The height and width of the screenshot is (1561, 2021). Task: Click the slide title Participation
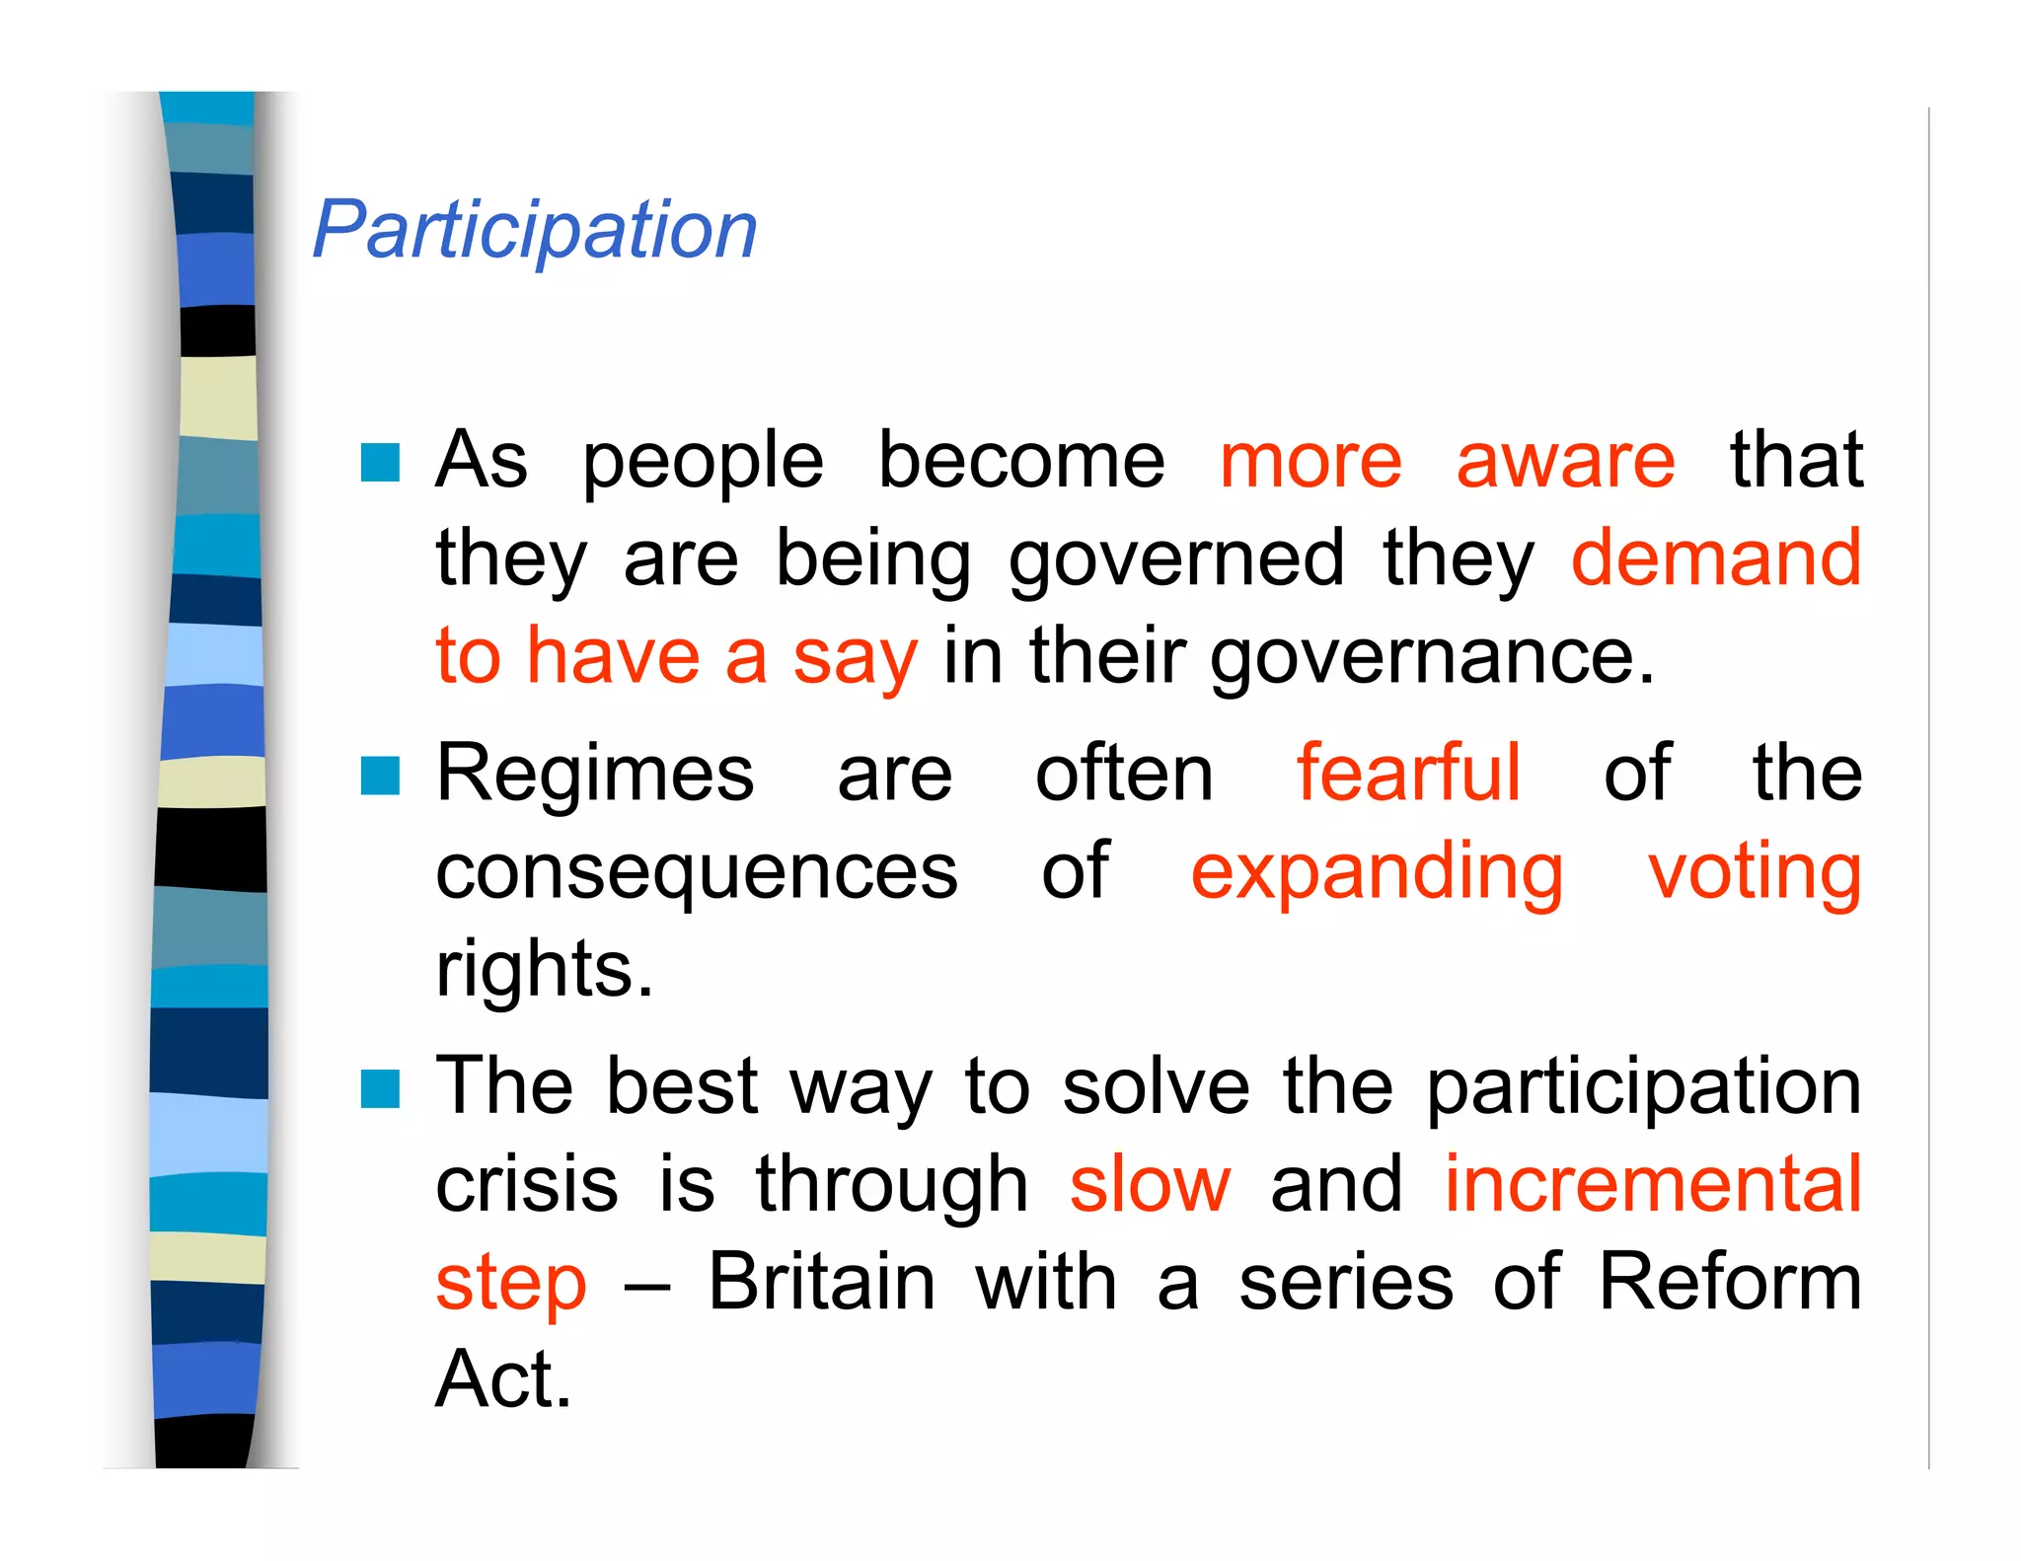[535, 230]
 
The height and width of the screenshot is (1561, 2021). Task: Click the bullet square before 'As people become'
[380, 462]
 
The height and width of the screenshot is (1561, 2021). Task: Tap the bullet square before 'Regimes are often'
[380, 776]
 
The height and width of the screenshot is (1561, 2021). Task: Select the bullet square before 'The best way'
[380, 1089]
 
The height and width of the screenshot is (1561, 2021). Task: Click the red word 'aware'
[1565, 461]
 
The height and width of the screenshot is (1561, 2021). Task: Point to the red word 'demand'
[1715, 558]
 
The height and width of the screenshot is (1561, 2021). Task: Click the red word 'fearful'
[1408, 774]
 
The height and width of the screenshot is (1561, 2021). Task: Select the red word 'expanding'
[1377, 873]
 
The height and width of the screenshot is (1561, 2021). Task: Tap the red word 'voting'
[1755, 873]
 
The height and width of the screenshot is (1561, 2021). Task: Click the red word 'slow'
[1151, 1184]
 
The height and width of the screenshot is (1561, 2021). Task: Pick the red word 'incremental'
[1653, 1184]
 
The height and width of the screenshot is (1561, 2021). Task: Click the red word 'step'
[511, 1284]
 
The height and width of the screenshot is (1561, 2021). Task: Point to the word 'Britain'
[821, 1282]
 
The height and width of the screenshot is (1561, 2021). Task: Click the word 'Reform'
[1730, 1282]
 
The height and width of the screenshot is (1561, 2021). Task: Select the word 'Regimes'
[595, 776]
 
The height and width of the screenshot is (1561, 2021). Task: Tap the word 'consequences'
[697, 873]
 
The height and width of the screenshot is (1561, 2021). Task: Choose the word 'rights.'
[545, 971]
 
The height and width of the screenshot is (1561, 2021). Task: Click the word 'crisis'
[527, 1184]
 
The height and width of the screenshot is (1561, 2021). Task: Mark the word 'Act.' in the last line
[503, 1379]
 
